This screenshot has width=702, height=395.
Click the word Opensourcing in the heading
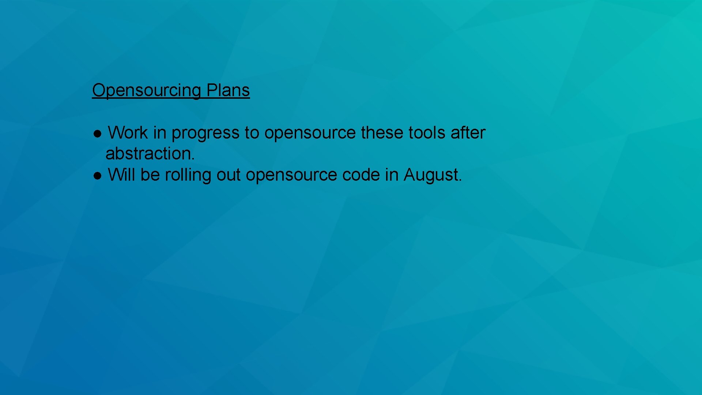tap(146, 90)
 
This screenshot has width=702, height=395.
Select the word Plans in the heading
tap(228, 90)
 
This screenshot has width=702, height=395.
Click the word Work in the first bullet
tap(128, 132)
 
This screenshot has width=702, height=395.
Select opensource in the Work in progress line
tap(310, 133)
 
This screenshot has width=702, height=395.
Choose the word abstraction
tap(150, 154)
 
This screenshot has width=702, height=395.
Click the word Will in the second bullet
tap(121, 175)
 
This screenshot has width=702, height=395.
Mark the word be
tap(150, 175)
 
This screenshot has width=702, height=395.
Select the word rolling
tap(188, 175)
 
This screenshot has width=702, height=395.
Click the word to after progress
tap(252, 132)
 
